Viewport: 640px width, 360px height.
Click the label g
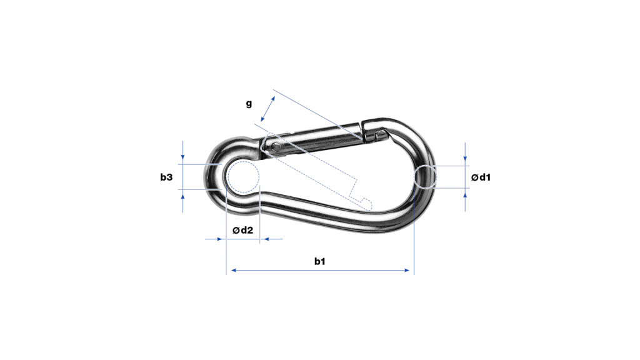coord(249,104)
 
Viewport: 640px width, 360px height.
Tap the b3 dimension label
coord(166,177)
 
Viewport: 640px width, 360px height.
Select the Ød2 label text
coord(243,230)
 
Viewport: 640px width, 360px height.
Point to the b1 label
coord(319,261)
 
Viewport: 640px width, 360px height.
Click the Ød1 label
coord(481,177)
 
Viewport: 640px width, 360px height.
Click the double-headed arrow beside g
coord(267,109)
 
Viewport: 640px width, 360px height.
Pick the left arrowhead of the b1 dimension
coord(234,270)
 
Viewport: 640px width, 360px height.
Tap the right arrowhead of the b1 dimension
coord(406,270)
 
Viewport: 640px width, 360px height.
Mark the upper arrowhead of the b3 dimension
coord(183,156)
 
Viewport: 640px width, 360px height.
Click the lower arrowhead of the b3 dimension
coord(183,197)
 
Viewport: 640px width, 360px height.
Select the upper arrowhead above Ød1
coord(465,158)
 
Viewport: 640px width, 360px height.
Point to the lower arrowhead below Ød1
coord(465,196)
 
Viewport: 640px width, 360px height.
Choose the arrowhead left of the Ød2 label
coord(219,239)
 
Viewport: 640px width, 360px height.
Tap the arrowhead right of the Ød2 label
coord(265,239)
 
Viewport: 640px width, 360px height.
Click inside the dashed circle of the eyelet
coord(243,177)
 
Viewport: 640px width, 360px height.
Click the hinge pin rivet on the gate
coord(277,146)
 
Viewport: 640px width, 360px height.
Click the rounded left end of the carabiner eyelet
coord(209,176)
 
